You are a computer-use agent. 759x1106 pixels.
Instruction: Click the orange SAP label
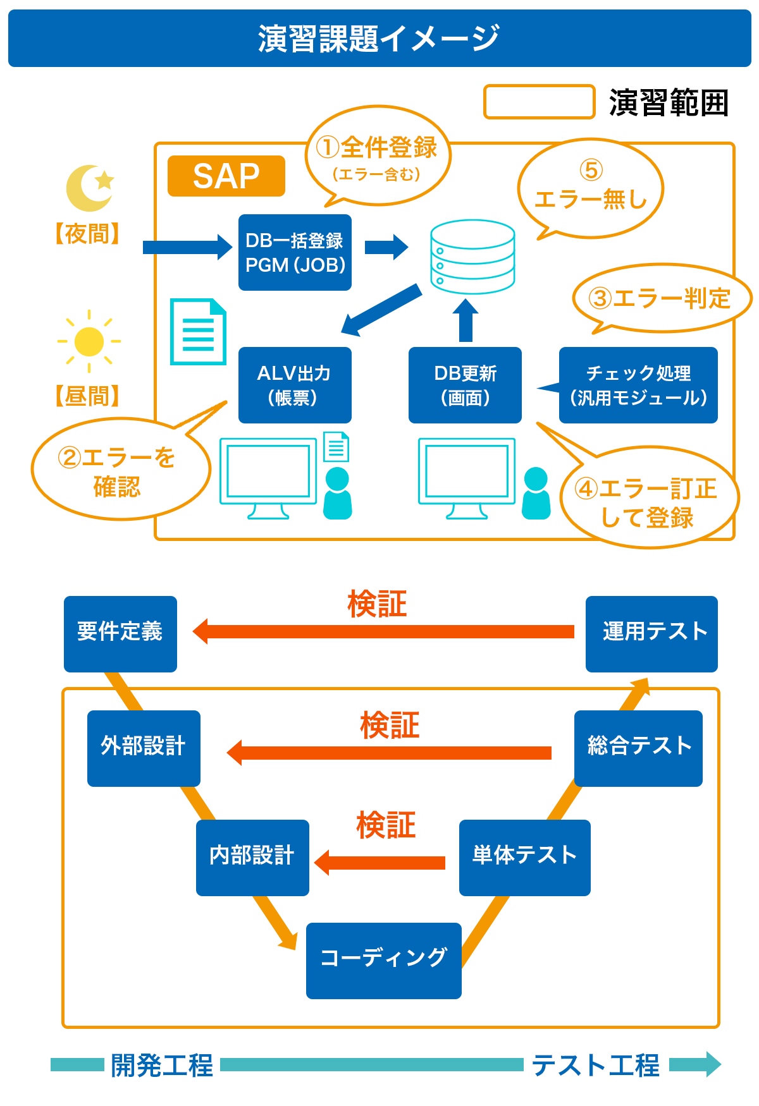tap(226, 176)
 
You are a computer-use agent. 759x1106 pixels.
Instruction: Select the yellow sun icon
tap(89, 341)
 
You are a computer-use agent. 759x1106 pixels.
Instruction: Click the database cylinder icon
tap(472, 257)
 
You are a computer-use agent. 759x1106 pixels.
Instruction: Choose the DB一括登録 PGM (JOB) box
tap(295, 253)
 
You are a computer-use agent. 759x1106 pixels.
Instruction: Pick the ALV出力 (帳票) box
tap(295, 385)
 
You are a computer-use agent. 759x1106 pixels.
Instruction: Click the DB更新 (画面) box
tap(465, 385)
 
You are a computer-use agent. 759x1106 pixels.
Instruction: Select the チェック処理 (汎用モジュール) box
tap(638, 385)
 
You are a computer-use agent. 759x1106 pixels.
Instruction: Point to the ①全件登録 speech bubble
tap(378, 155)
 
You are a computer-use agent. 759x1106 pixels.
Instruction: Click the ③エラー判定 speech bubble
tap(661, 298)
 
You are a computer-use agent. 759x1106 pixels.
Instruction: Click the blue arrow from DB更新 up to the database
tap(466, 320)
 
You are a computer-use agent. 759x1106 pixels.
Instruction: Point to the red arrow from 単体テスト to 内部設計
tap(380, 863)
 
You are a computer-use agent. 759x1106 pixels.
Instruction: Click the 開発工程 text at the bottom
tap(162, 1066)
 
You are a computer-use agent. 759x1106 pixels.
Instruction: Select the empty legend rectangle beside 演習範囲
tap(539, 102)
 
